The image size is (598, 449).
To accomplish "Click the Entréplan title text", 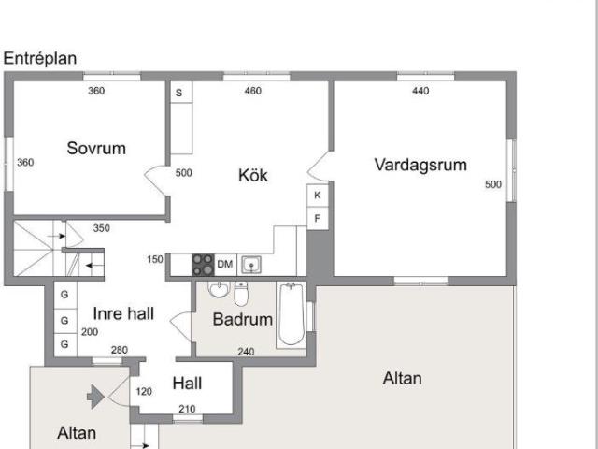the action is point(40,58).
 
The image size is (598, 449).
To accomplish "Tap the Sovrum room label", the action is point(96,148).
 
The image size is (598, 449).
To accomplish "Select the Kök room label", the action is point(253,175).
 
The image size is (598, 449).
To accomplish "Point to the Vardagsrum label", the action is point(420,165).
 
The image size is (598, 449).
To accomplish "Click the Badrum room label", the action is point(243,319).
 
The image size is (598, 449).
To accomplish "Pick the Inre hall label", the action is point(123,313).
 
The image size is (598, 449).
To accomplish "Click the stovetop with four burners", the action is point(203,265).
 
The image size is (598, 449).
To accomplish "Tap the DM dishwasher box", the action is point(225,264).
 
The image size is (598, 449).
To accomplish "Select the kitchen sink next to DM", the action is point(251,265).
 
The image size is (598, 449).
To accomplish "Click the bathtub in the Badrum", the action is point(291,314).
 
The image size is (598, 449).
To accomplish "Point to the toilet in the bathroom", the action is point(241,294).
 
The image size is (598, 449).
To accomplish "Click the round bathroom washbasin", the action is point(219,290).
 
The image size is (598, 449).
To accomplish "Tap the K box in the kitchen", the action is point(318,196).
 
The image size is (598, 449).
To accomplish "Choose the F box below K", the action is point(318,218).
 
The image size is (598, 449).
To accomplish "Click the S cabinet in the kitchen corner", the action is point(180,92).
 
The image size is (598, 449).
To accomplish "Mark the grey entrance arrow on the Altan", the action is point(95,397).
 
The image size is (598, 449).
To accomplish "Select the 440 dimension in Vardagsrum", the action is point(420,91).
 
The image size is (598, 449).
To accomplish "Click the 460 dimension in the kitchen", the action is point(253,91).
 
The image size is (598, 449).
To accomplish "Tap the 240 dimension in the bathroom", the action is point(246,352).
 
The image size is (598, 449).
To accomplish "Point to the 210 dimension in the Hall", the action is point(187,409).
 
